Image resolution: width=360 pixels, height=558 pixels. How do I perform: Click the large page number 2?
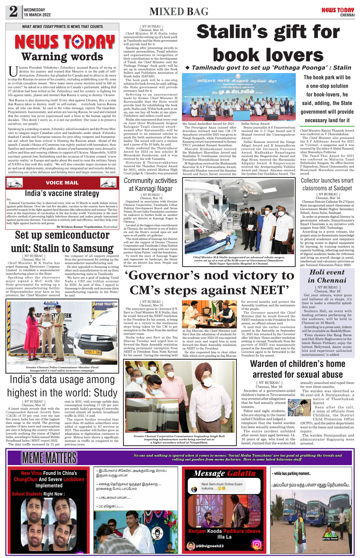click(x=13, y=12)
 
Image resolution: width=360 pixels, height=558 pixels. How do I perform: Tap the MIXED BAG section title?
click(x=179, y=12)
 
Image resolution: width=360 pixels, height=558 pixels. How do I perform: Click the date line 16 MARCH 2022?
click(x=37, y=15)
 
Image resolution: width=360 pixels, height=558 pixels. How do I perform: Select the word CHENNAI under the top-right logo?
click(x=347, y=15)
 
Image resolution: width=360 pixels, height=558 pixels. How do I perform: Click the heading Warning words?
click(x=62, y=57)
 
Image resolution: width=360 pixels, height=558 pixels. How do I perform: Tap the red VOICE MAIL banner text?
click(x=62, y=183)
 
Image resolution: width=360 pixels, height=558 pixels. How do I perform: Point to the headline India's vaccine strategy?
click(x=62, y=193)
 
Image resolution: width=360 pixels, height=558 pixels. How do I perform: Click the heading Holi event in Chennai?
click(x=327, y=276)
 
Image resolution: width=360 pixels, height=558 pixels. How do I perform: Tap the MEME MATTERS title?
click(x=49, y=458)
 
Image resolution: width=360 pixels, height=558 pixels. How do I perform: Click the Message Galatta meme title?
click(x=224, y=473)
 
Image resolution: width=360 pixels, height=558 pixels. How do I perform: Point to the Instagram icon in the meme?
click(x=257, y=544)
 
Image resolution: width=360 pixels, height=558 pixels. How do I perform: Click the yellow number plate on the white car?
click(x=93, y=352)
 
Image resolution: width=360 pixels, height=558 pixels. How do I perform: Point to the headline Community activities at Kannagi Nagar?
click(x=151, y=185)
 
